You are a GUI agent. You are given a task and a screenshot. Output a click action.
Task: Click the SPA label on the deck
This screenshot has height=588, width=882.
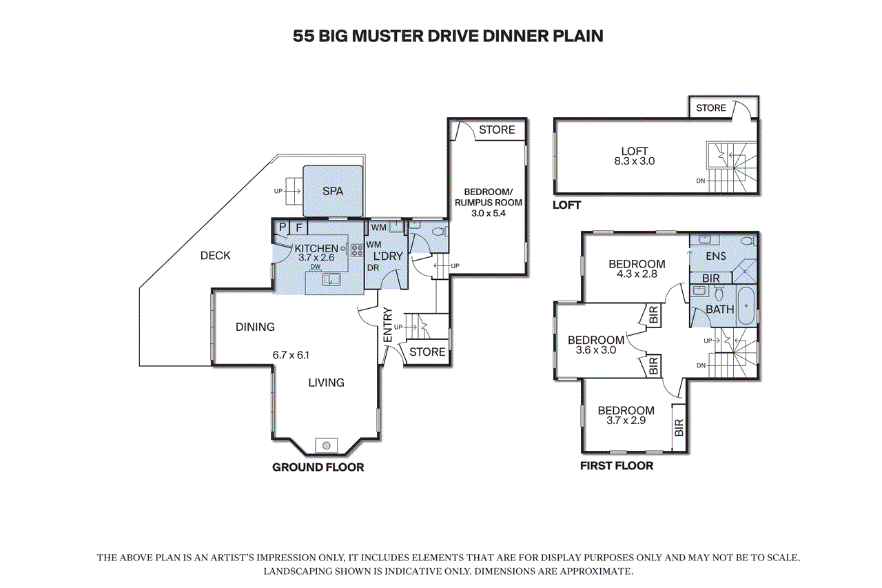tap(333, 192)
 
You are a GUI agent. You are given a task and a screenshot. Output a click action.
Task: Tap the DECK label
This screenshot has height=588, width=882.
tap(216, 256)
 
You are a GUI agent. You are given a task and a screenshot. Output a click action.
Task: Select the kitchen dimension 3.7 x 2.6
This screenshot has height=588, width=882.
tap(316, 258)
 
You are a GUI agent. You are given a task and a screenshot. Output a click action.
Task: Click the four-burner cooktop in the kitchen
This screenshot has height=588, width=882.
tap(357, 250)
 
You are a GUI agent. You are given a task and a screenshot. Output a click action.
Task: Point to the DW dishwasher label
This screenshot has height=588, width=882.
tap(316, 267)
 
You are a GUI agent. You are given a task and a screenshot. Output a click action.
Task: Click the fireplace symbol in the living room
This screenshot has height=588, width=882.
tap(327, 445)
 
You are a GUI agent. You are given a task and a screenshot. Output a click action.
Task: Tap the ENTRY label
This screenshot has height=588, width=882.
tap(388, 325)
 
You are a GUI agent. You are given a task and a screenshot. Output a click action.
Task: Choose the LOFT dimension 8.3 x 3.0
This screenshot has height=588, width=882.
tap(635, 161)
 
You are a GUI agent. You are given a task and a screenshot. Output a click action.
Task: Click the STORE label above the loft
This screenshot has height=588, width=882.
tap(710, 108)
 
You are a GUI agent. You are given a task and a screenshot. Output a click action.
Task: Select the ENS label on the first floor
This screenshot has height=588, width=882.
tap(716, 256)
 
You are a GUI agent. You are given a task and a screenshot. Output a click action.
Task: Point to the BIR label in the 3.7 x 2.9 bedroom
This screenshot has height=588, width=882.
tap(679, 427)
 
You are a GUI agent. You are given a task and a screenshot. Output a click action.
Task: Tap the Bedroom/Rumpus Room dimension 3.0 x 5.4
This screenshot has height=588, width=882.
tap(489, 214)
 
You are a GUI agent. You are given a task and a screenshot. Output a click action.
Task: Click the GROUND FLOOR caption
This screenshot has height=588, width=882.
tap(318, 467)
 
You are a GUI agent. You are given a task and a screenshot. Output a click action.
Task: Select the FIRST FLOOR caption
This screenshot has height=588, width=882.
tap(617, 466)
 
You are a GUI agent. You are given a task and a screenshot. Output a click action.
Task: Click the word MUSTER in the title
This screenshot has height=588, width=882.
tap(387, 36)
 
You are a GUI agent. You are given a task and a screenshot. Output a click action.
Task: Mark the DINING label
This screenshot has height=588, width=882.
tap(255, 327)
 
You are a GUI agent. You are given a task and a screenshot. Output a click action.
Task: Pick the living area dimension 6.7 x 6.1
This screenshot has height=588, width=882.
tap(291, 355)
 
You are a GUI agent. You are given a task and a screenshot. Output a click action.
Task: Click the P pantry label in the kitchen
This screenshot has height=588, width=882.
tap(282, 227)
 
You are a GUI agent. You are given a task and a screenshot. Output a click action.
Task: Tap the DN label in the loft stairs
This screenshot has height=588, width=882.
tap(701, 181)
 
